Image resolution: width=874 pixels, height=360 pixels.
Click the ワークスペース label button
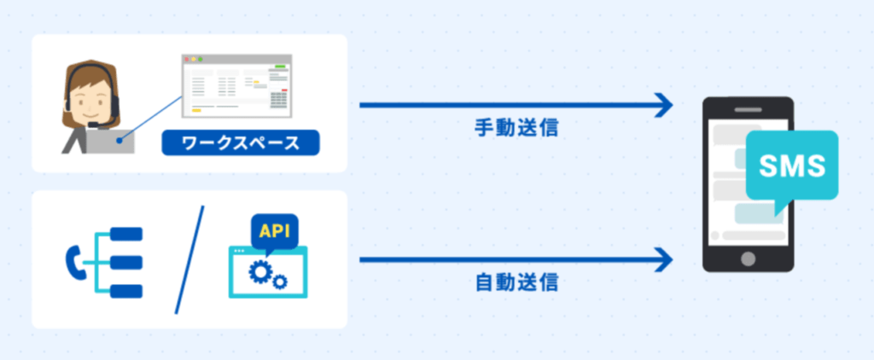click(x=240, y=142)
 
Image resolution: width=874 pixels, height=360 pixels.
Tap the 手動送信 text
click(x=516, y=128)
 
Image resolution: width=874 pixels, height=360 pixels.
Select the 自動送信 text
click(x=516, y=282)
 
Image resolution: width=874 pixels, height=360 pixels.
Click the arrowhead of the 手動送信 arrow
click(x=664, y=105)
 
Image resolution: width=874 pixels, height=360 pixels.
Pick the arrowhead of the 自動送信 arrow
click(x=664, y=259)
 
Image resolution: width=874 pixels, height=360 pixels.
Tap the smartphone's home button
click(x=748, y=258)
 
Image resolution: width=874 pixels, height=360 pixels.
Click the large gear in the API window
click(x=259, y=271)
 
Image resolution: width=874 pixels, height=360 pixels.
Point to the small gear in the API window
click(x=280, y=282)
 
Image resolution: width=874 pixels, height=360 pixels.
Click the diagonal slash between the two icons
click(x=189, y=259)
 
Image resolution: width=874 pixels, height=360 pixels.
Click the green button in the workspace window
click(x=280, y=67)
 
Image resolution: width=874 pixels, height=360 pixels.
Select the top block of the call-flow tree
click(x=126, y=234)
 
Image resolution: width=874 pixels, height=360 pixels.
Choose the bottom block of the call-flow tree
click(x=126, y=291)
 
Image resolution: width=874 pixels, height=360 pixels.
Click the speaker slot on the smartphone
click(x=748, y=110)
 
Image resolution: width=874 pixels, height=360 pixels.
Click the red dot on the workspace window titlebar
click(x=187, y=59)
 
